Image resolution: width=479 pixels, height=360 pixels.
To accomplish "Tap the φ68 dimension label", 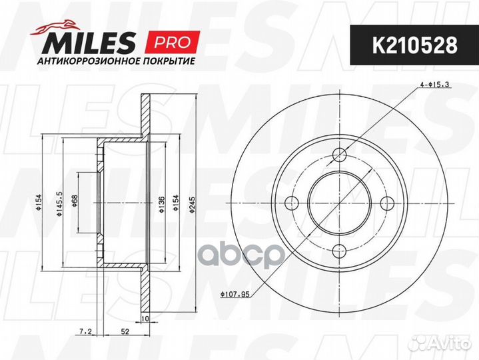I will [75, 203].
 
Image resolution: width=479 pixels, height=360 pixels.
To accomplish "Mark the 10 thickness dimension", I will [145, 319].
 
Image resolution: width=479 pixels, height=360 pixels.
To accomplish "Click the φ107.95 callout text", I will [236, 291].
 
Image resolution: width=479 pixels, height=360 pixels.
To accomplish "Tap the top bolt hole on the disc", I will [340, 155].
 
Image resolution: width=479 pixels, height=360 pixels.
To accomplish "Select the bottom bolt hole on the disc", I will [340, 251].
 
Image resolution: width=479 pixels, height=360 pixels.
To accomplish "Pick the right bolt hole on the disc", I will [388, 203].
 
